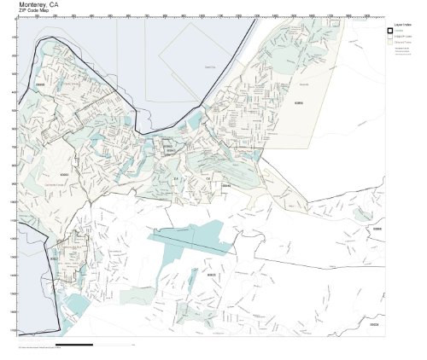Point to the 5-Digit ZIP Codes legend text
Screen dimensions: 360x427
(x=401, y=37)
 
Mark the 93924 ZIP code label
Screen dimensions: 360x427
(x=373, y=324)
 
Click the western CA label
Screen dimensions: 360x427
(x=176, y=178)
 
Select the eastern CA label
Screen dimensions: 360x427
(x=207, y=178)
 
